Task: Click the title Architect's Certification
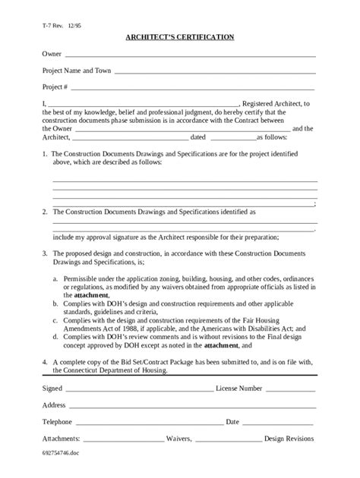pyautogui.click(x=180, y=36)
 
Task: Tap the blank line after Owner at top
pyautogui.click(x=190, y=56)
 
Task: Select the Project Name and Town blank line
pyautogui.click(x=214, y=72)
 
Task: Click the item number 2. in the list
pyautogui.click(x=45, y=212)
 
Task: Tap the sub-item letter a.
pyautogui.click(x=54, y=279)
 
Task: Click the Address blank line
pyautogui.click(x=191, y=406)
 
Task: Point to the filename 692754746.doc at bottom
pyautogui.click(x=62, y=452)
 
